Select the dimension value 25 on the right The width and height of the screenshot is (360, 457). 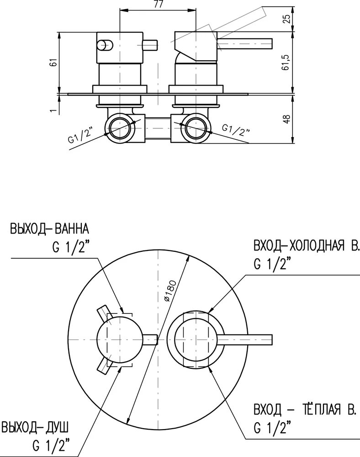click(x=286, y=19)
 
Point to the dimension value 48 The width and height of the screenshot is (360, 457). click(x=286, y=119)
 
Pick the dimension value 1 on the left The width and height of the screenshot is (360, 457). click(x=53, y=110)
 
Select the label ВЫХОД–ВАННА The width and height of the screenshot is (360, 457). click(x=48, y=228)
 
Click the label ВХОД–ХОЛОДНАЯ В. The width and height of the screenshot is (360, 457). click(x=307, y=247)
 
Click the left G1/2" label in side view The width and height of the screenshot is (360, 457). click(x=80, y=137)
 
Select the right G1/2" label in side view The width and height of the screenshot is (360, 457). click(x=236, y=130)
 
